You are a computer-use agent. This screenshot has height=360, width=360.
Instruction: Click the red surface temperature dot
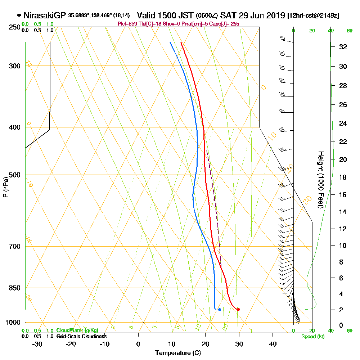pyautogui.click(x=238, y=310)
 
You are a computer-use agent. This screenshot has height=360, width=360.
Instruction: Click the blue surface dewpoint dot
pyautogui.click(x=219, y=310)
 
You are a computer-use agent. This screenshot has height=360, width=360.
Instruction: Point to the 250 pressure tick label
pyautogui.click(x=15, y=27)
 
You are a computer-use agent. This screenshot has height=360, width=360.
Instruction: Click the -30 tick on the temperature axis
pyautogui.click(x=37, y=344)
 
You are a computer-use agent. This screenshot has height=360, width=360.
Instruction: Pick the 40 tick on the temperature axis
pyautogui.click(x=273, y=344)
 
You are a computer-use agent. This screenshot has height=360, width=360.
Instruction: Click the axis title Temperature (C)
pyautogui.click(x=178, y=353)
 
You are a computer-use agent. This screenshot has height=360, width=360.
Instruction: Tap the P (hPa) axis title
pyautogui.click(x=5, y=187)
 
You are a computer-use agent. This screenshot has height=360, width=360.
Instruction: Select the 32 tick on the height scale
pyautogui.click(x=343, y=47)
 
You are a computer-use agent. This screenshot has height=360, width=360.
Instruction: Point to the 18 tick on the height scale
pyautogui.click(x=343, y=177)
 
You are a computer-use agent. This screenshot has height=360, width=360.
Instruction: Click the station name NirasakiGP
pyautogui.click(x=45, y=15)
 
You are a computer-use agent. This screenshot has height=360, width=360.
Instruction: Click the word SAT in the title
pyautogui.click(x=228, y=15)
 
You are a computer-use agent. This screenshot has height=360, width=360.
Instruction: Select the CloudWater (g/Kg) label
pyautogui.click(x=77, y=330)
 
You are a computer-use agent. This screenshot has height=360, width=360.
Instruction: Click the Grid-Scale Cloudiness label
pyautogui.click(x=81, y=336)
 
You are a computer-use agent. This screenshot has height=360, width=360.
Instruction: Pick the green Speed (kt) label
pyautogui.click(x=312, y=337)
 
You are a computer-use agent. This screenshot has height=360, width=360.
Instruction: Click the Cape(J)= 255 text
pyautogui.click(x=223, y=24)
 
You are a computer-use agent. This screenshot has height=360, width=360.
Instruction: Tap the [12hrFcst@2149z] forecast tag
pyautogui.click(x=313, y=16)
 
